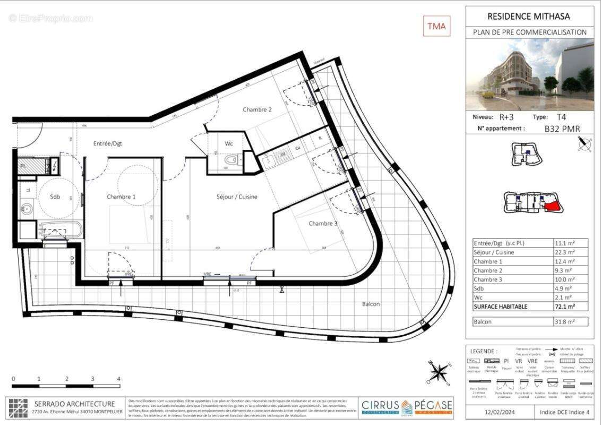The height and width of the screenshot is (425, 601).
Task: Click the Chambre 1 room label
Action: [121, 197]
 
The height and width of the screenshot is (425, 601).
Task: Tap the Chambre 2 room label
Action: [257, 109]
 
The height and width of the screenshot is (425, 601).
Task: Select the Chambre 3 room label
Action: [323, 224]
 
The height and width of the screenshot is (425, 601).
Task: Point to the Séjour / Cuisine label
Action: [237, 197]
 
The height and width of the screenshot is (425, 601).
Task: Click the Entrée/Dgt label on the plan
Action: [108, 143]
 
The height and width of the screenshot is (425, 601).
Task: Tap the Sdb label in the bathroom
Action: [55, 197]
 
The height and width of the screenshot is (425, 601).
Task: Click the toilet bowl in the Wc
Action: [231, 159]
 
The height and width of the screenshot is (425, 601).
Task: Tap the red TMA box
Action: [436, 25]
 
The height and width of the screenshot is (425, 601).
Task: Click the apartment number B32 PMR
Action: [562, 129]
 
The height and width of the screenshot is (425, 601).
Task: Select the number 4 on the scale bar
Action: [119, 379]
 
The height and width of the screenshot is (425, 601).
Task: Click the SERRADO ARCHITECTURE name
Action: [74, 404]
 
